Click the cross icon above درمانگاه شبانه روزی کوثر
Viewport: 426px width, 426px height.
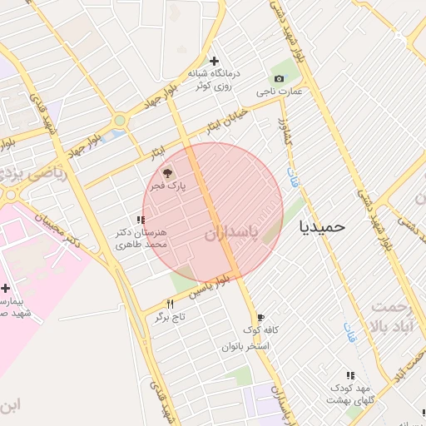[x=215, y=61]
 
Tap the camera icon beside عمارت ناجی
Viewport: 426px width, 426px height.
[x=279, y=78]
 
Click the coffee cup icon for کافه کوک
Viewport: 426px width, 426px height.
[x=260, y=318]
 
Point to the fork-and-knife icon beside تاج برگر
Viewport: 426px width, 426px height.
[x=171, y=304]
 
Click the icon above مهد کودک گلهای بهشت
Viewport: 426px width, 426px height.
[x=349, y=376]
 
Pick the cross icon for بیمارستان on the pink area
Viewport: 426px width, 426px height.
[x=6, y=287]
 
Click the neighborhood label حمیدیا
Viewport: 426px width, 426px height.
[x=322, y=225]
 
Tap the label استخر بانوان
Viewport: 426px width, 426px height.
[x=246, y=345]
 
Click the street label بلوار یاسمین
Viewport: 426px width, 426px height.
[x=206, y=288]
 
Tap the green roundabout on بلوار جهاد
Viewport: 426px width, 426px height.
[x=121, y=121]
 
